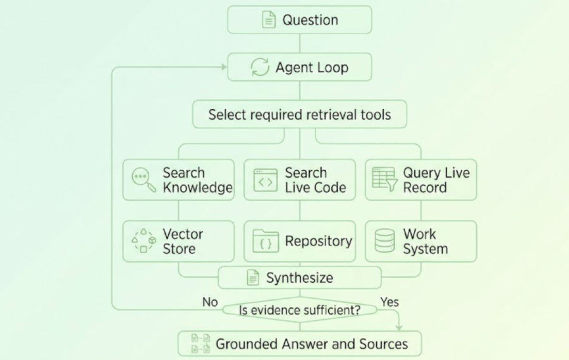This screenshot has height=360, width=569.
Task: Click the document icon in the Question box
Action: tap(269, 20)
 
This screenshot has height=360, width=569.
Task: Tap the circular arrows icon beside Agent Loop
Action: tap(260, 67)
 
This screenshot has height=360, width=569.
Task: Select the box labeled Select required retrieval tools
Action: tap(300, 115)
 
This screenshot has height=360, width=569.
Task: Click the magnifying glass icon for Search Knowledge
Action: tap(144, 180)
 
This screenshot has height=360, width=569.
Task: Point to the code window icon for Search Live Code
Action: tap(266, 180)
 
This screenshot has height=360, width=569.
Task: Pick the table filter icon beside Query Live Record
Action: tap(384, 179)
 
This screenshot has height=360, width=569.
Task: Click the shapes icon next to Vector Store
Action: tap(144, 241)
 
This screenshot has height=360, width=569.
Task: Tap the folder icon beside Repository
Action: tap(266, 241)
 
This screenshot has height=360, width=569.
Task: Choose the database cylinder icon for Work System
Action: tap(384, 240)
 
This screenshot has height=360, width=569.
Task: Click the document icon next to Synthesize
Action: tap(253, 278)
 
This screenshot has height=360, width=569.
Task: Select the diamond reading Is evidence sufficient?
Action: tap(300, 310)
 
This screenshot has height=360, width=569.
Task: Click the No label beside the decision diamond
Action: tap(210, 302)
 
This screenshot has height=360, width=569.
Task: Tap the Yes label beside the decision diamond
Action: tap(389, 302)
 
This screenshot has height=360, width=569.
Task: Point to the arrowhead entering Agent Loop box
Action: tap(224, 67)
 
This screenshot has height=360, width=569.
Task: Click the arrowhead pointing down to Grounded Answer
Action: tap(399, 328)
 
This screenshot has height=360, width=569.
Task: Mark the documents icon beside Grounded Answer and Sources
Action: tap(200, 344)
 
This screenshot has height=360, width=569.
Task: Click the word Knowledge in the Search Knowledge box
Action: tap(198, 188)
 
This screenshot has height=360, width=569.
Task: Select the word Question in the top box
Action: tap(310, 20)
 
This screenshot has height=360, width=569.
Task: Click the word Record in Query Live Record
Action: tap(425, 188)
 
